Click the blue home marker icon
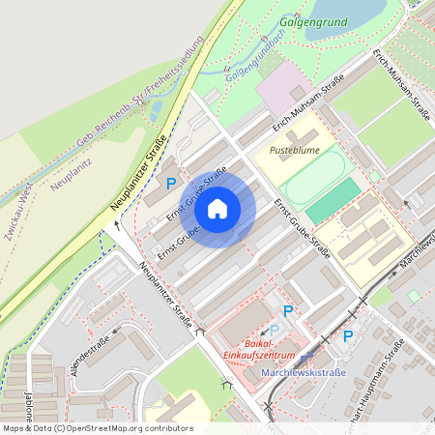coord(217,208)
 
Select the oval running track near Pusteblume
coord(315,174)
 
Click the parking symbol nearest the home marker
coord(171,183)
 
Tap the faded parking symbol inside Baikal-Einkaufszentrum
coord(274,330)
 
